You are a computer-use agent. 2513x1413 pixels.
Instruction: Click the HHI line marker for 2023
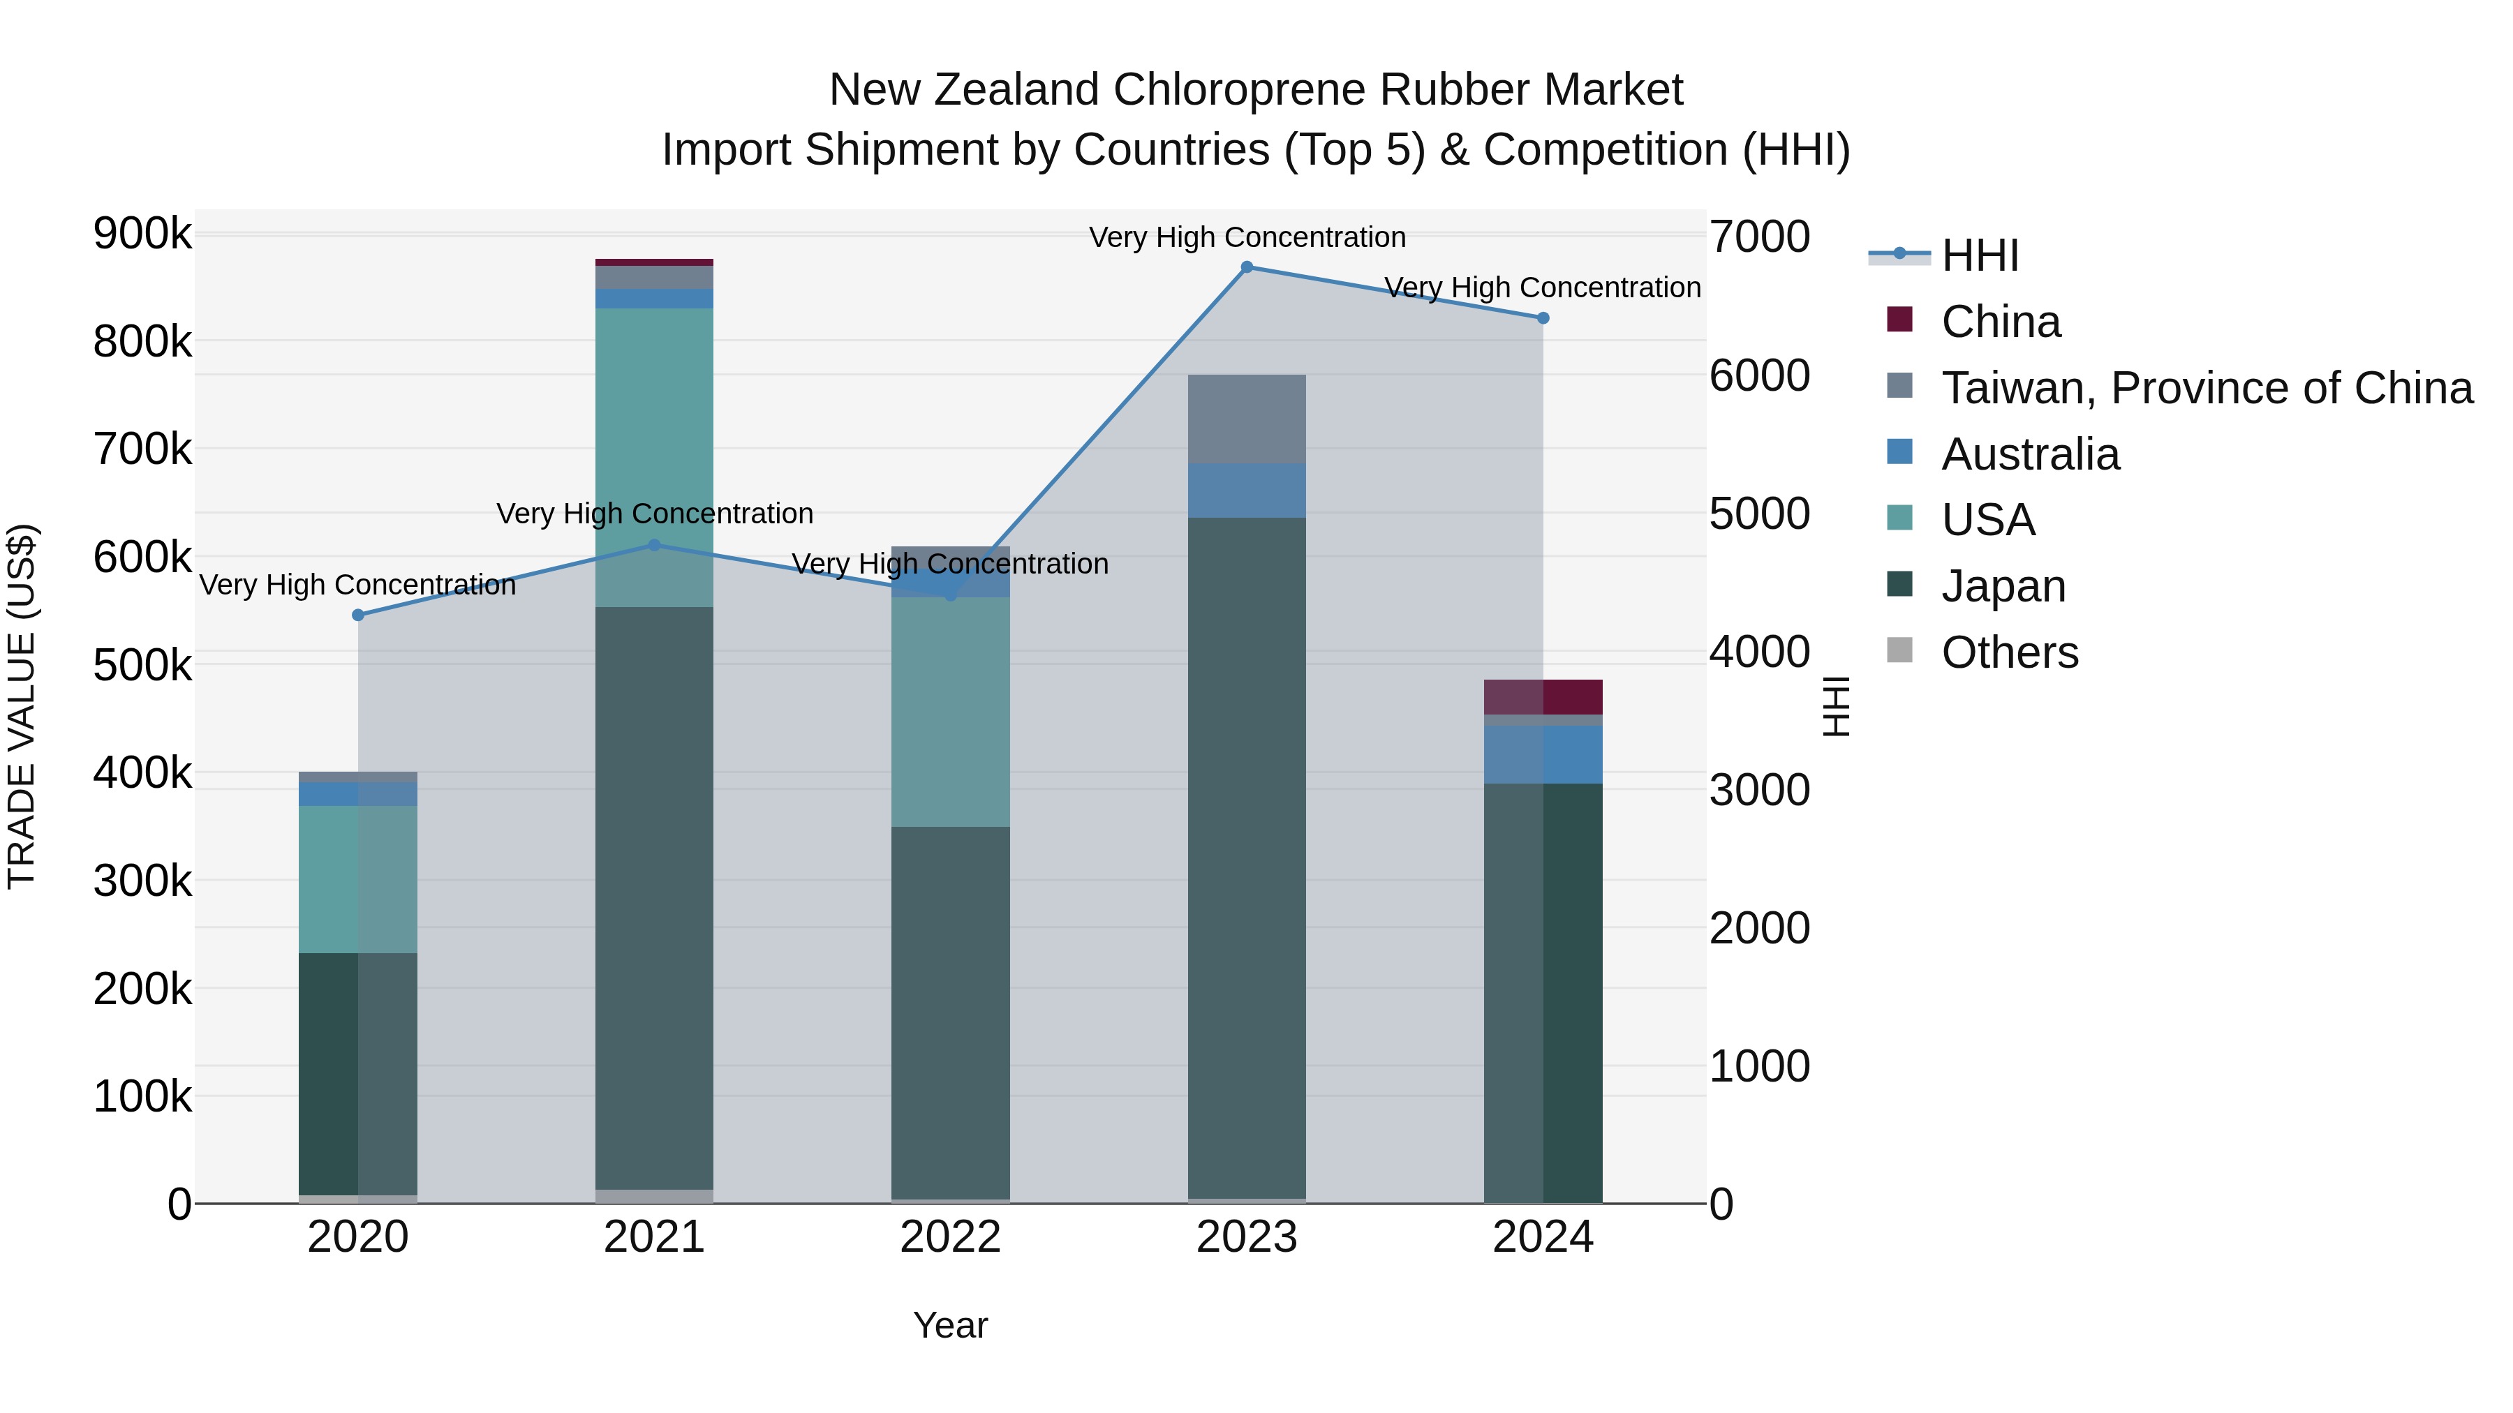pyautogui.click(x=1247, y=267)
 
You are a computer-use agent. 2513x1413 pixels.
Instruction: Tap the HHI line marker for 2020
pyautogui.click(x=358, y=615)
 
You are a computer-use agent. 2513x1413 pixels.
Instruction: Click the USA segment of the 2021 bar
pyautogui.click(x=653, y=429)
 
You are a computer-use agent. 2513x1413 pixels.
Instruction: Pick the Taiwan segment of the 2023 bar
pyautogui.click(x=1247, y=419)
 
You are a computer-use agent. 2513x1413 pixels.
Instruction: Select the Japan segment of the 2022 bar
pyautogui.click(x=950, y=1014)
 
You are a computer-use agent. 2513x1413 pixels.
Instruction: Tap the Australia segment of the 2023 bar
pyautogui.click(x=1247, y=491)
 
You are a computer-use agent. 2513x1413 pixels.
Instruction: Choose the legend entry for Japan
pyautogui.click(x=2003, y=586)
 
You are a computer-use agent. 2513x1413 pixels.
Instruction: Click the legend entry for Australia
pyautogui.click(x=2029, y=454)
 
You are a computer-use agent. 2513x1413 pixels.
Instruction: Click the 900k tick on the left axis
pyautogui.click(x=142, y=234)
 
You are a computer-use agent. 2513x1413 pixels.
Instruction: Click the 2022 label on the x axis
pyautogui.click(x=950, y=1237)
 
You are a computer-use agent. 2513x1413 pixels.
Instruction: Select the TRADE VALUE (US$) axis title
pyautogui.click(x=22, y=706)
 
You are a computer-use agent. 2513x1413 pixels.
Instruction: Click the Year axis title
pyautogui.click(x=950, y=1325)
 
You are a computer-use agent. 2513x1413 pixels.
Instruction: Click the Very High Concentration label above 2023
pyautogui.click(x=1247, y=237)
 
